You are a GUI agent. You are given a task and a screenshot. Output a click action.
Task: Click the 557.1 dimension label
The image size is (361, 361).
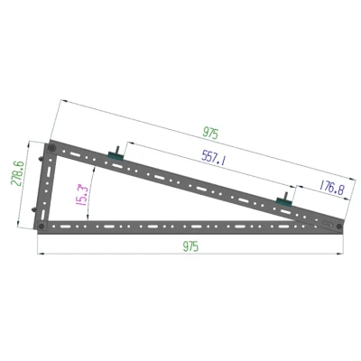[213, 157]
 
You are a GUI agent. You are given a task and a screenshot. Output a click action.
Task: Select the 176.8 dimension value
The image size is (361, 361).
[331, 188]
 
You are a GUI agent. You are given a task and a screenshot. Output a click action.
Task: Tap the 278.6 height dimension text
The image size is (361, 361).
[17, 173]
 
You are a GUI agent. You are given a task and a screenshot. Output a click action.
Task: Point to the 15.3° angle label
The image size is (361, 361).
[81, 195]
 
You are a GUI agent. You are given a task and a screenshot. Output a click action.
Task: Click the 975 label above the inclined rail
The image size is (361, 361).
[210, 133]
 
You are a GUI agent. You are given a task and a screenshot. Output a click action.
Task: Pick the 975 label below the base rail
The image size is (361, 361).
[190, 246]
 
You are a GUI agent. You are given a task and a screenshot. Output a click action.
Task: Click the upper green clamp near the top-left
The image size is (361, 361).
[116, 156]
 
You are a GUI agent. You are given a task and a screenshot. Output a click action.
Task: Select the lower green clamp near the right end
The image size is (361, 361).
[284, 201]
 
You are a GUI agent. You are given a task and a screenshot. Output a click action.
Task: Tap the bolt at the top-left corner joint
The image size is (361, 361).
[51, 148]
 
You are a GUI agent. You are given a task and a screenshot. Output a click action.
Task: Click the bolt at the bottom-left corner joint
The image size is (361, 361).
[42, 226]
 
